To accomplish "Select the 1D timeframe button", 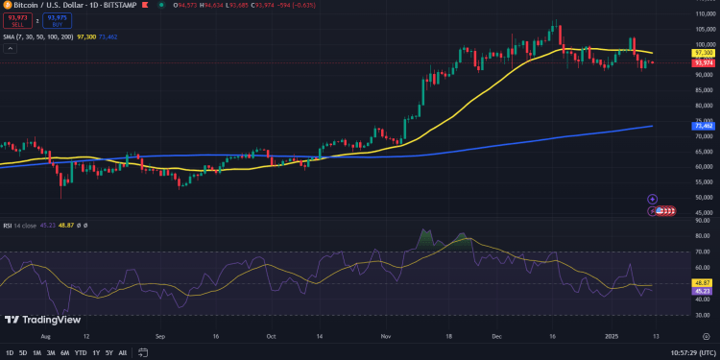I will click(9, 353).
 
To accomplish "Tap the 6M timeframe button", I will click(64, 353).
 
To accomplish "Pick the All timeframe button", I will click(123, 353).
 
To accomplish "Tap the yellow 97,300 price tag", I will click(704, 53).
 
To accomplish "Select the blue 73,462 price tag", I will click(704, 126).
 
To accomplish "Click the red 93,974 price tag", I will click(704, 62).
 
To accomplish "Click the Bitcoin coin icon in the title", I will click(6, 6).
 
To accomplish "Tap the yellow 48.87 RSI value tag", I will click(704, 283).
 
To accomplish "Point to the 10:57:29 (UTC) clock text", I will click(686, 353).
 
